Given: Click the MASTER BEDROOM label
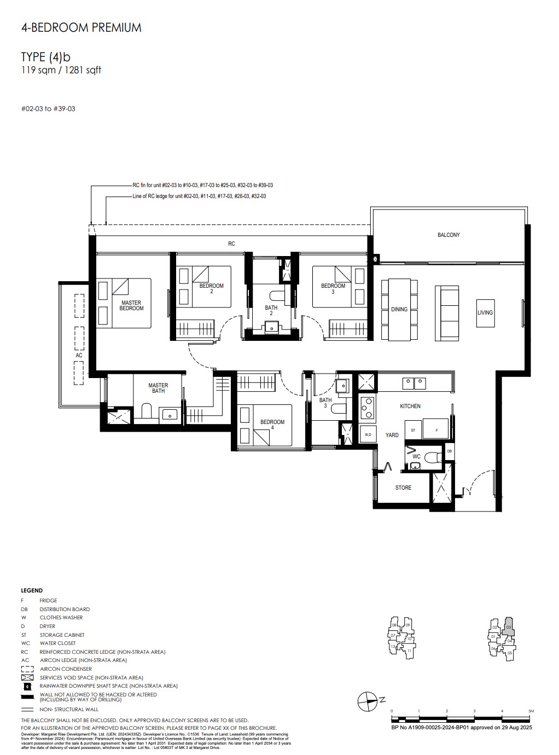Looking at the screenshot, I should [x=131, y=305].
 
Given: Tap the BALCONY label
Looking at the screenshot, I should [x=449, y=235].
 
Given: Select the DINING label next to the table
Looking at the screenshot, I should [x=399, y=309].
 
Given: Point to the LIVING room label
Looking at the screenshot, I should [x=485, y=312].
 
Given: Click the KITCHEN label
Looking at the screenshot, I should [x=410, y=406].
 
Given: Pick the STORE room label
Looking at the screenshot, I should [x=403, y=487].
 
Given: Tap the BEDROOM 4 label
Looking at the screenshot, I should [x=272, y=424].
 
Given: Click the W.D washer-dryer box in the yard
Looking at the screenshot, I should [x=368, y=434].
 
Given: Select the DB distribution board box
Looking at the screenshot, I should [x=449, y=451].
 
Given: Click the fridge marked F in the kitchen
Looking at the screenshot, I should [x=436, y=431].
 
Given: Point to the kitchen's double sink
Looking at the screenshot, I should [x=414, y=383].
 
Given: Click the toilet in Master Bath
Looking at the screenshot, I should [x=147, y=411].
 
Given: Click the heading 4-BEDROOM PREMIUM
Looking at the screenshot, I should [x=81, y=27].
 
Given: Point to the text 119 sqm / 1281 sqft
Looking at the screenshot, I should [x=61, y=70].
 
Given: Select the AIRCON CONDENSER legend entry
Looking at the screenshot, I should [x=66, y=669].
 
